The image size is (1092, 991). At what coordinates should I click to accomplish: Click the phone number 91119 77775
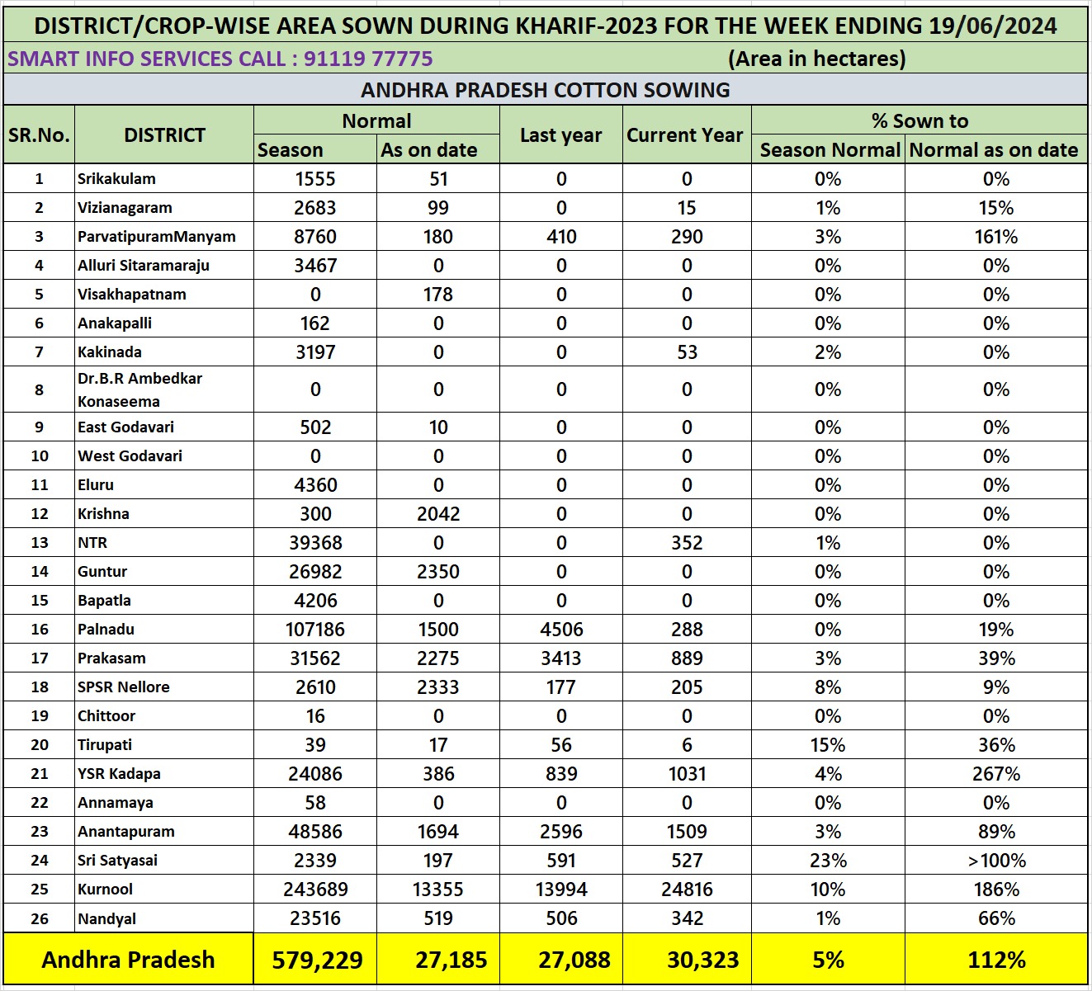(368, 59)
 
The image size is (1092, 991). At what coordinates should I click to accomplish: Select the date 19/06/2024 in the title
(992, 26)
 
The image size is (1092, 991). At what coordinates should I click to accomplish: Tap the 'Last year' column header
(561, 135)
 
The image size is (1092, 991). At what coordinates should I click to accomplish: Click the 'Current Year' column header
(685, 135)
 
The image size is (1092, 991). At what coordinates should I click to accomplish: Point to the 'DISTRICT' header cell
(164, 135)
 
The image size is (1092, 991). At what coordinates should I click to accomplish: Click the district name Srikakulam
(116, 179)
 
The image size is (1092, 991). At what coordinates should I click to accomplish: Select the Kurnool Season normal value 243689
(315, 890)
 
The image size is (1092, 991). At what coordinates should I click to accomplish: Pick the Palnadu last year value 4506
(561, 630)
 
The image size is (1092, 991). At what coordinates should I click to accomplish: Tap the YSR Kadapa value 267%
(996, 774)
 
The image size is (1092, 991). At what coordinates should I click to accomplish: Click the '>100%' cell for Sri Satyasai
(996, 861)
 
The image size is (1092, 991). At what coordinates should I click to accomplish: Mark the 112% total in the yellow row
(996, 960)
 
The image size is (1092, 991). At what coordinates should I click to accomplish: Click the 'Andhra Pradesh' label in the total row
(128, 960)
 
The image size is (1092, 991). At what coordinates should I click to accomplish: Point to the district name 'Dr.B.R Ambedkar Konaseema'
(139, 389)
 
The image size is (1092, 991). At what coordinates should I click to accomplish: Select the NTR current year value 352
(687, 543)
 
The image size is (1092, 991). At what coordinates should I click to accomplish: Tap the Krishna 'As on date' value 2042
(438, 514)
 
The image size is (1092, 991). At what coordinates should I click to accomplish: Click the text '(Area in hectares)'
(817, 59)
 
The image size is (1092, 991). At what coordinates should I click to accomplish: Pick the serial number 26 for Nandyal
(40, 918)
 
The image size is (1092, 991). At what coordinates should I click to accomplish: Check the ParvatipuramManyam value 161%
(996, 237)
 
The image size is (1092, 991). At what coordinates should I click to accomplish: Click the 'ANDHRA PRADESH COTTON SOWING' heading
(546, 90)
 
